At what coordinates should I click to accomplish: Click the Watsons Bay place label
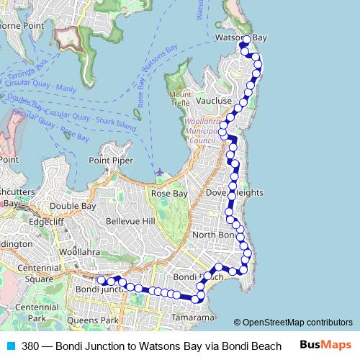(x=240, y=36)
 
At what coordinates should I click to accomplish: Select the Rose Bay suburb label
(x=168, y=194)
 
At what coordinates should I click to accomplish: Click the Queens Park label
(x=100, y=320)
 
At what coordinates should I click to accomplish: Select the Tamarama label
(x=192, y=317)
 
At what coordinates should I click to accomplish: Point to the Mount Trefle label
(x=181, y=99)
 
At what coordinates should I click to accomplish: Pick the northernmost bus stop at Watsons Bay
(x=246, y=40)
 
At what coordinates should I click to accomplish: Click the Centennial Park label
(x=32, y=312)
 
